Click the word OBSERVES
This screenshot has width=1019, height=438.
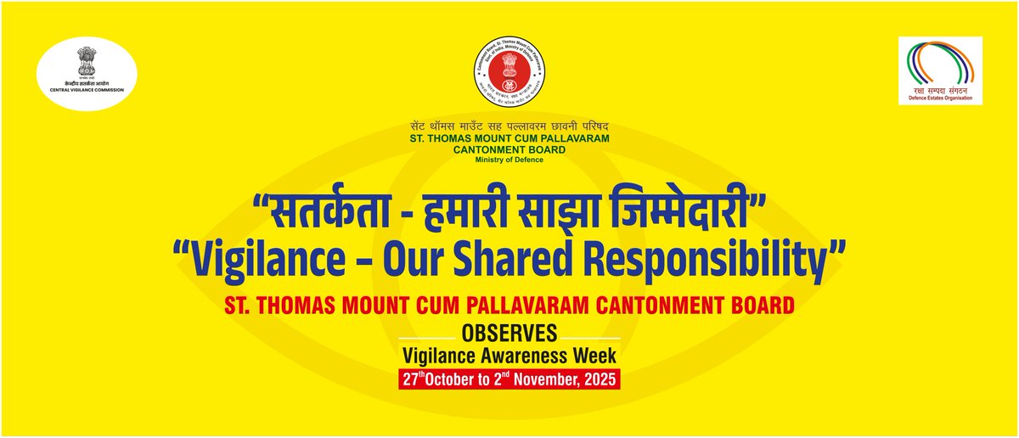(x=509, y=332)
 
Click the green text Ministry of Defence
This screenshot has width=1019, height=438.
(x=509, y=159)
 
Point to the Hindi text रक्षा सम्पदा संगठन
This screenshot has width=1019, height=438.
(x=939, y=89)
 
